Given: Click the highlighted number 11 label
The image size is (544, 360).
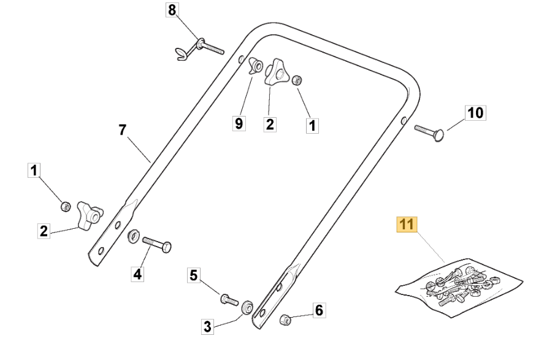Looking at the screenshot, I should (405, 225).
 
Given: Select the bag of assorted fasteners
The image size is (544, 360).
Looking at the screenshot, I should (460, 286).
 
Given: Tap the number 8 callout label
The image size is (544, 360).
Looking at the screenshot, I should (172, 10).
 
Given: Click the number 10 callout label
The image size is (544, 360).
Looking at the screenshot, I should (476, 113).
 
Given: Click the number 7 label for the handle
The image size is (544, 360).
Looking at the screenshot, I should (122, 129).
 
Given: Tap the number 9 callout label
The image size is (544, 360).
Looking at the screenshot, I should (238, 123).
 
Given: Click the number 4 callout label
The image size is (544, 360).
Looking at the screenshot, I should (137, 274).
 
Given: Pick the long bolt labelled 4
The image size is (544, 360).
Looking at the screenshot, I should (157, 245).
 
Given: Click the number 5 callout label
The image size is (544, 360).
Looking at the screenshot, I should (194, 276).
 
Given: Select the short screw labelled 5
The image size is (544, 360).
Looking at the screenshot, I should (228, 300).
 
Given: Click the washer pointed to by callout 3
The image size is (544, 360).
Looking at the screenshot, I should (248, 307).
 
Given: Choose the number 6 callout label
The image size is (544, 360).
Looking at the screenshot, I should (318, 311).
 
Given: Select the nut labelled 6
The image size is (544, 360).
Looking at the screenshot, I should (285, 319).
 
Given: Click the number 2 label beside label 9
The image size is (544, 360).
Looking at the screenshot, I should (269, 123).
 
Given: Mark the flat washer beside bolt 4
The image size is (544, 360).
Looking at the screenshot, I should (132, 237).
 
